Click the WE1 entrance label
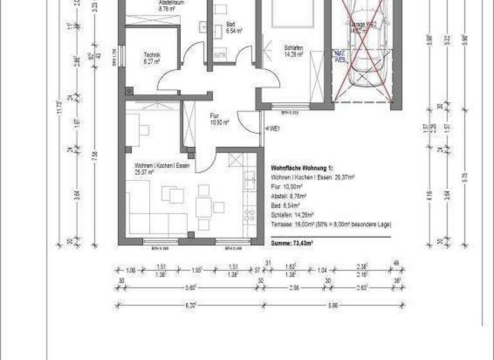(x=274, y=129)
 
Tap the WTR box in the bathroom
(x=219, y=54)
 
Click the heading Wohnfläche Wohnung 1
(x=303, y=167)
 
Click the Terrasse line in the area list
(x=331, y=224)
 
